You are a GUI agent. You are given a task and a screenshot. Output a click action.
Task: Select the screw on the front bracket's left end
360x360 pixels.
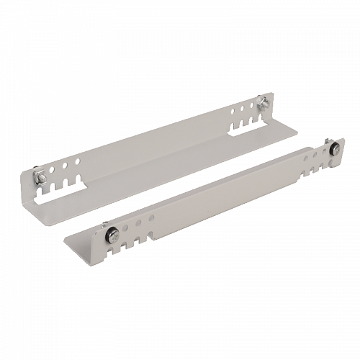(x=113, y=233)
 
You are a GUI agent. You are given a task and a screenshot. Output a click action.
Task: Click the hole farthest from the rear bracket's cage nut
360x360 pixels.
(x=78, y=161)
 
